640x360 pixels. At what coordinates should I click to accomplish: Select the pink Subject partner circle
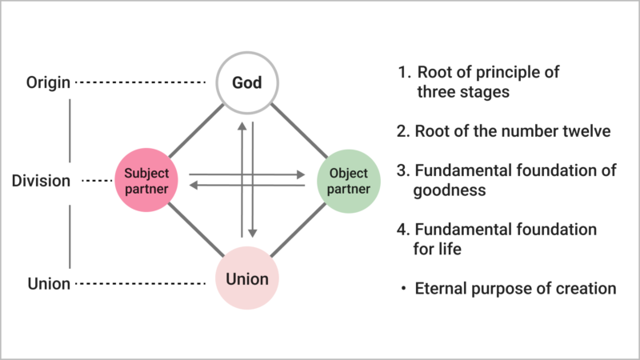pos(147,181)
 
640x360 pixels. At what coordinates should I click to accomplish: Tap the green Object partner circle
pos(347,181)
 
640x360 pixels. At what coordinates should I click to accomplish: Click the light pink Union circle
pos(246,280)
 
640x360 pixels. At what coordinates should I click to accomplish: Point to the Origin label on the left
pos(47,83)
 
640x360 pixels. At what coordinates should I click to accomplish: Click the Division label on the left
pos(41,181)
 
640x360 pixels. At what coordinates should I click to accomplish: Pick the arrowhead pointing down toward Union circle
pos(253,233)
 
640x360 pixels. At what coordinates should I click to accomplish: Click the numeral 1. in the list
pos(405,73)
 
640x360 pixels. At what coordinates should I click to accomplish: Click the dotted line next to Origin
pos(145,83)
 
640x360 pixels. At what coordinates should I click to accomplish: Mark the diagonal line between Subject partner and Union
pos(192,229)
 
